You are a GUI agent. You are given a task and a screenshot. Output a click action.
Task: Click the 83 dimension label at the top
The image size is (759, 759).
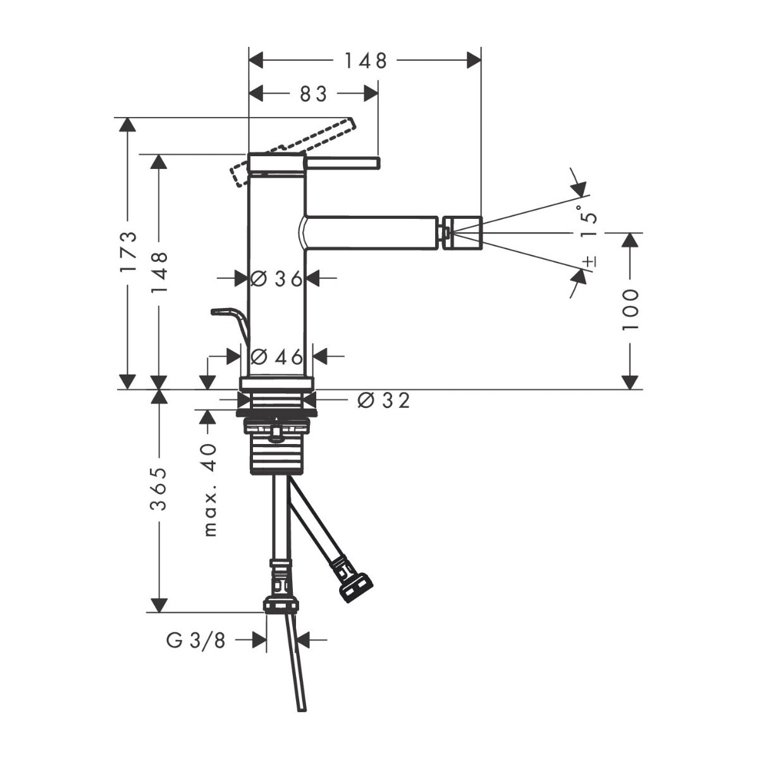point(313,94)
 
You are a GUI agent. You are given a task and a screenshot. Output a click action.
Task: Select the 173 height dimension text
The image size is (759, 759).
point(128,252)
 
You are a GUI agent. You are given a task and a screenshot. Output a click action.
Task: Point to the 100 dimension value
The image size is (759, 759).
point(630,309)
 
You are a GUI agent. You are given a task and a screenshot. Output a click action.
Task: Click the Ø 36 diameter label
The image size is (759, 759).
point(276,278)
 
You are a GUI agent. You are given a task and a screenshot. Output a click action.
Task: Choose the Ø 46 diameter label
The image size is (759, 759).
point(276,357)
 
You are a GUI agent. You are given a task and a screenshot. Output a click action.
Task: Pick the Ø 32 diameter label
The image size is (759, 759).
point(383,400)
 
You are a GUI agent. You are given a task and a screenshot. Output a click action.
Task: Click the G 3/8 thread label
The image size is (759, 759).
point(195,641)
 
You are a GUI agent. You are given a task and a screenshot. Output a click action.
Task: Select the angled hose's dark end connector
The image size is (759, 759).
point(355,588)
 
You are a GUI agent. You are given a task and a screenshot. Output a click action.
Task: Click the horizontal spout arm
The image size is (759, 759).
point(373,232)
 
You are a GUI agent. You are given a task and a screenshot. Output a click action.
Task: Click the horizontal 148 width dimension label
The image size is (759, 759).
point(365,60)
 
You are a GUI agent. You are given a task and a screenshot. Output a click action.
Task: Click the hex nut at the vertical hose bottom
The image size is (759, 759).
point(280,604)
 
